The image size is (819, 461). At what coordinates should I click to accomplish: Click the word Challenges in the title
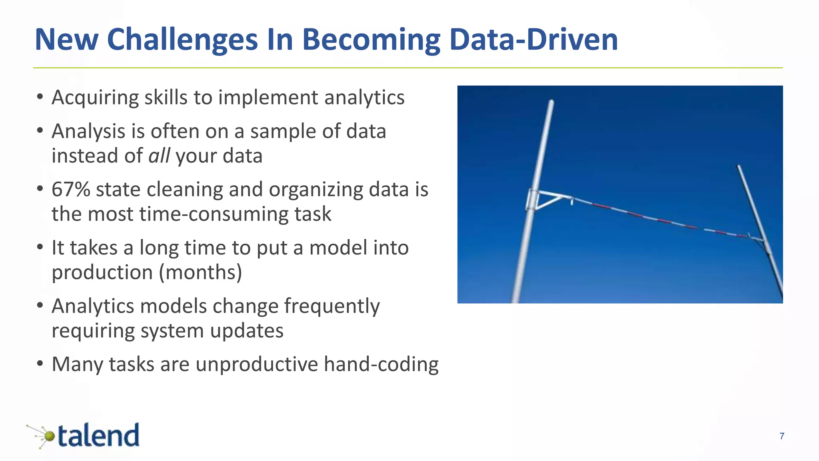[182, 40]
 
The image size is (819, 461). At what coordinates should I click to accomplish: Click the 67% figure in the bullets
[71, 189]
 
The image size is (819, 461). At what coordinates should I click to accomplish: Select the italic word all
[159, 156]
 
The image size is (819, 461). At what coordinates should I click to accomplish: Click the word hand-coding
[381, 365]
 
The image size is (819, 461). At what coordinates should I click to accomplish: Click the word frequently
[332, 307]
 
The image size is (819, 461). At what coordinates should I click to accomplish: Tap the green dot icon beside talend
[48, 436]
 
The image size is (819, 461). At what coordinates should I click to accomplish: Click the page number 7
[782, 436]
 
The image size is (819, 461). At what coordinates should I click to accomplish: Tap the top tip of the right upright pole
[738, 166]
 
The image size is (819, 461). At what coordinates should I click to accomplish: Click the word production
[102, 273]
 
